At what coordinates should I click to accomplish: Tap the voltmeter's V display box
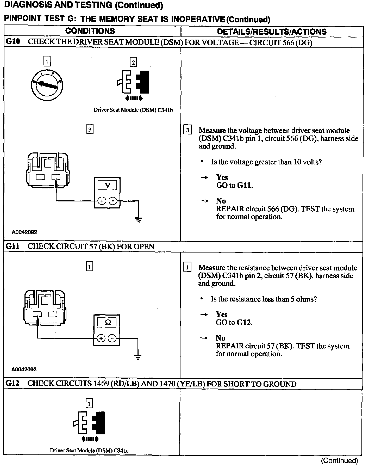pyautogui.click(x=107, y=185)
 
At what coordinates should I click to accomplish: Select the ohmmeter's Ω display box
pyautogui.click(x=108, y=323)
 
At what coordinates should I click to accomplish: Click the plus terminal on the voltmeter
pyautogui.click(x=102, y=201)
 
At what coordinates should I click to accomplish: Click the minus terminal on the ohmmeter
pyautogui.click(x=112, y=338)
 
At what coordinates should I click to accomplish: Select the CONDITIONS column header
pyautogui.click(x=90, y=31)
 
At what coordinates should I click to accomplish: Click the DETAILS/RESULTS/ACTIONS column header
pyautogui.click(x=272, y=32)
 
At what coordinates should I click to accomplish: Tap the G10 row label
pyautogui.click(x=13, y=42)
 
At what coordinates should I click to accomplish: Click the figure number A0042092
pyautogui.click(x=24, y=232)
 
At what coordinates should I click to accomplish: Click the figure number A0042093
pyautogui.click(x=24, y=369)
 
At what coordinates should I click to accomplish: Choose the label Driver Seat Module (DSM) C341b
pyautogui.click(x=133, y=110)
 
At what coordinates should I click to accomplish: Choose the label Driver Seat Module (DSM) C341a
pyautogui.click(x=89, y=450)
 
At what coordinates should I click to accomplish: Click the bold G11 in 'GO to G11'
pyautogui.click(x=245, y=185)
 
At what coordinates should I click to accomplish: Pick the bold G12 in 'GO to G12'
pyautogui.click(x=244, y=322)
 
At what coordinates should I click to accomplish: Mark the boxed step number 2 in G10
pyautogui.click(x=133, y=63)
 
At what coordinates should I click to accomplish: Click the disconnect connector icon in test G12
pyautogui.click(x=89, y=423)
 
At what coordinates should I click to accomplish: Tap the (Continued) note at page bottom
pyautogui.click(x=339, y=460)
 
